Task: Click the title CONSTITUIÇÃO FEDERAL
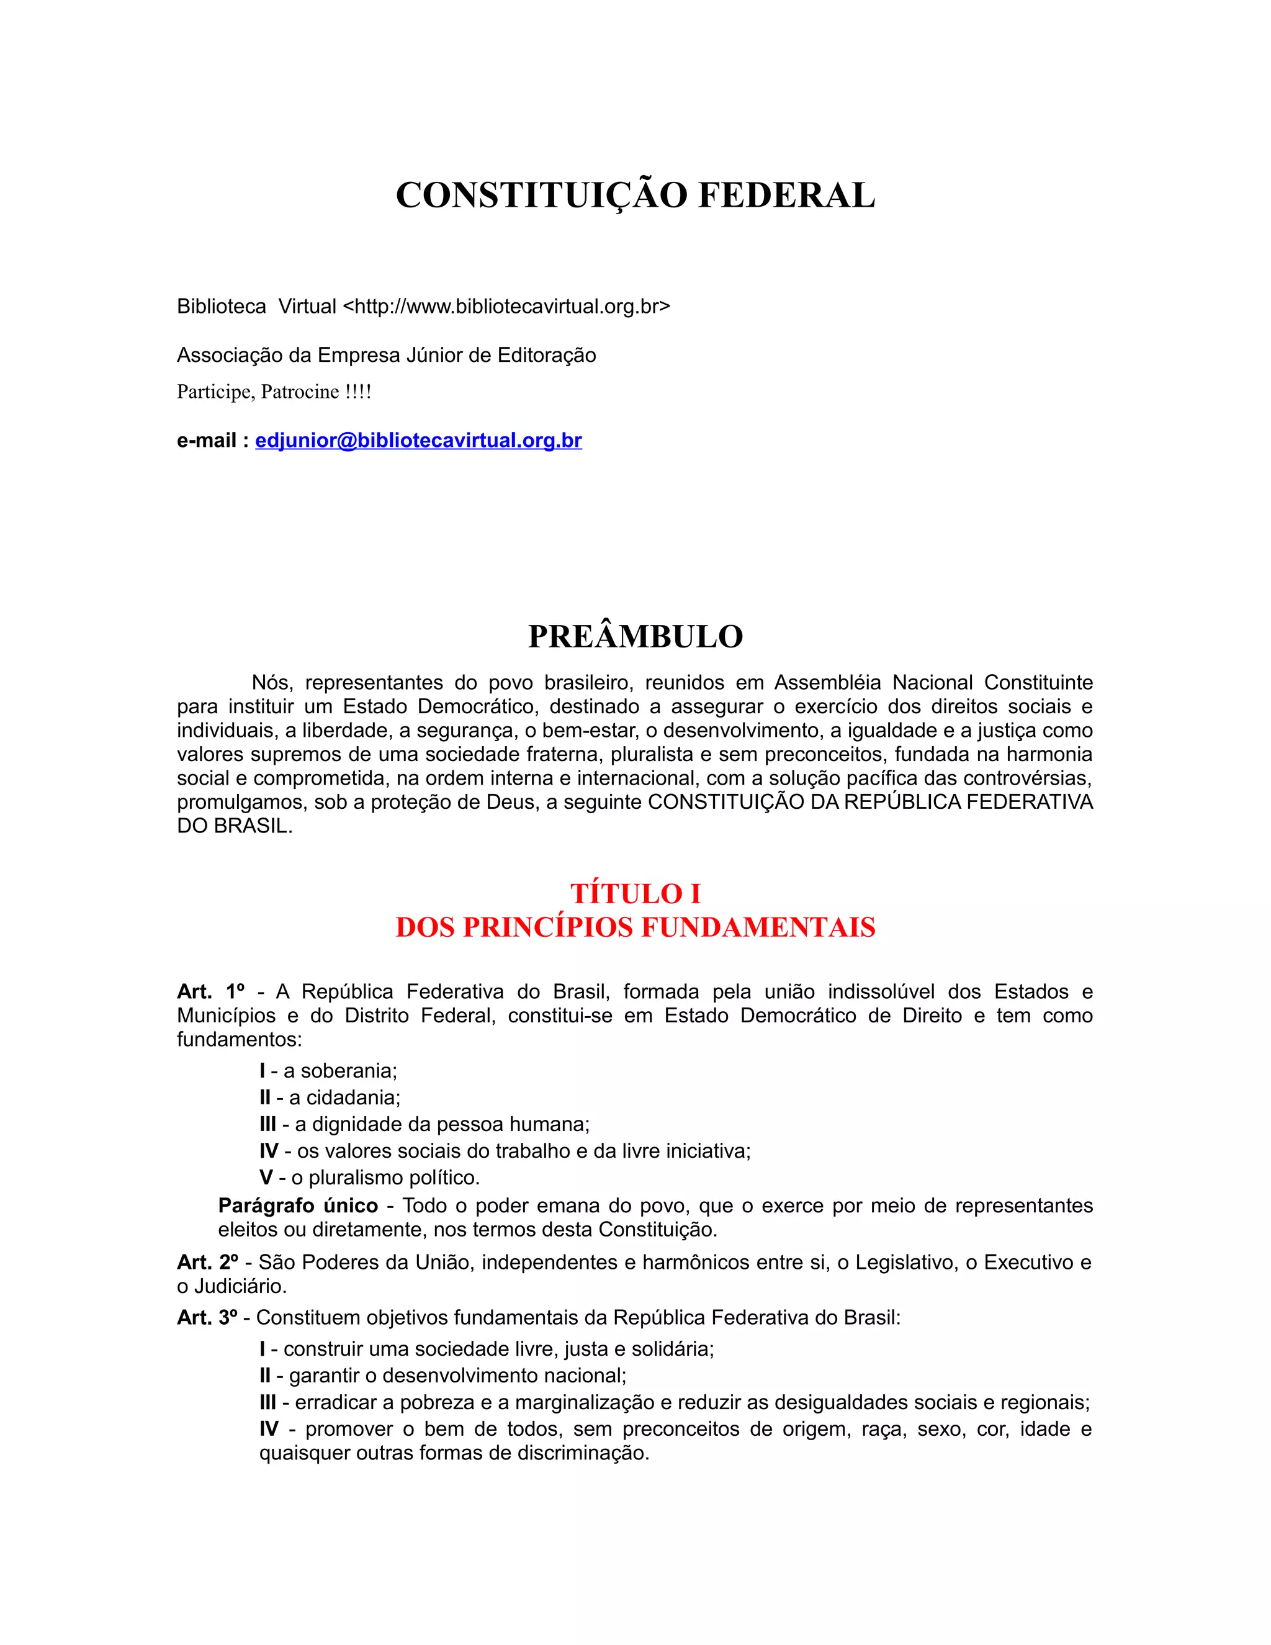click(x=635, y=196)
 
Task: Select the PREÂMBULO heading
click(x=635, y=636)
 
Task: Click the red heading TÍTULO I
click(x=635, y=893)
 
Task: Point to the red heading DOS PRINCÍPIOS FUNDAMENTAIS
click(x=635, y=927)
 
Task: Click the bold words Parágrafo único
click(x=297, y=1206)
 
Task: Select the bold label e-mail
click(x=207, y=441)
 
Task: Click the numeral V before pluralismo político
click(x=266, y=1177)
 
